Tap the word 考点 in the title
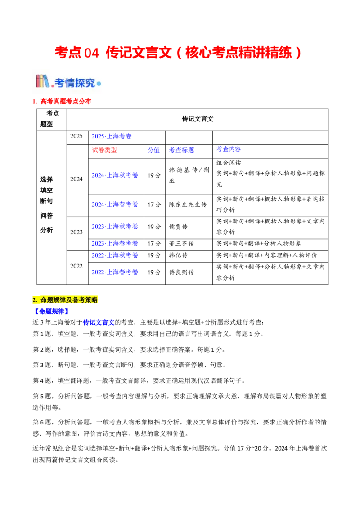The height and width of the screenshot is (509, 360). click(67, 53)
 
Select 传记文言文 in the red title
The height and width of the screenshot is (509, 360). click(139, 53)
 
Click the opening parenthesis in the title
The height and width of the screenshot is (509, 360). click(179, 53)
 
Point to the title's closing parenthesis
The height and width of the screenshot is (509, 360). click(297, 53)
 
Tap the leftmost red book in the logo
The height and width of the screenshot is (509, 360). click(38, 81)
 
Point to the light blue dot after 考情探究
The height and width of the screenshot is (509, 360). click(99, 84)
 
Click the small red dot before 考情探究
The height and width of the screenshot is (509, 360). click(52, 85)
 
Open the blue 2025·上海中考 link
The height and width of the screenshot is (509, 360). click(112, 136)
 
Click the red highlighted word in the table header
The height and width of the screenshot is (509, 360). click(104, 150)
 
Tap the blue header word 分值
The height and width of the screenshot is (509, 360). click(154, 150)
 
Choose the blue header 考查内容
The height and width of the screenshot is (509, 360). click(181, 150)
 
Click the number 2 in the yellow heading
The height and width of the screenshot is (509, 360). click(35, 300)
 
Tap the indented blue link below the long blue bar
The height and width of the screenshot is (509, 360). click(99, 322)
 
